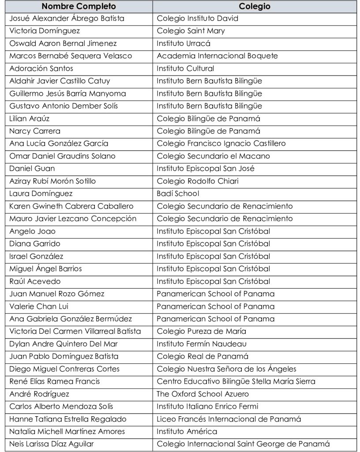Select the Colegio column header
(255, 7)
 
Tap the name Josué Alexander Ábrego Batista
(67, 19)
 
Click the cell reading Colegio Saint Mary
(191, 31)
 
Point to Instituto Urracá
(184, 43)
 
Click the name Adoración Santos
(41, 68)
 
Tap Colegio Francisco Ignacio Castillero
(221, 143)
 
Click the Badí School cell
(178, 193)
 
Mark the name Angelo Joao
(32, 231)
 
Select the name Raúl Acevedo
(35, 281)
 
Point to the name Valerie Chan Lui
(39, 306)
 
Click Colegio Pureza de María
(201, 331)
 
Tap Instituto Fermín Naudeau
(202, 344)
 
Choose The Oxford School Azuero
(202, 394)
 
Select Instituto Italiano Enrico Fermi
(207, 406)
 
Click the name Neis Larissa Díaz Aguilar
(51, 444)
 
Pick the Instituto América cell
(187, 431)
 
